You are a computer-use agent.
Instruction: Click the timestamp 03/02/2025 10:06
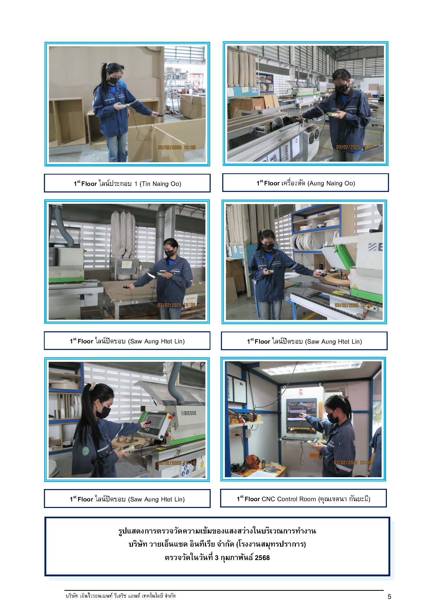point(176,148)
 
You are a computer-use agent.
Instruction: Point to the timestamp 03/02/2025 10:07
point(355,147)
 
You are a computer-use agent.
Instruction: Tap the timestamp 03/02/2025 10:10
point(176,463)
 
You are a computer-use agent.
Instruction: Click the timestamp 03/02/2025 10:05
point(353,462)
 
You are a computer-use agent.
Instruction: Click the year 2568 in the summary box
point(262,558)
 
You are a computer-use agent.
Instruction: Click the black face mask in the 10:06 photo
point(114,80)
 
